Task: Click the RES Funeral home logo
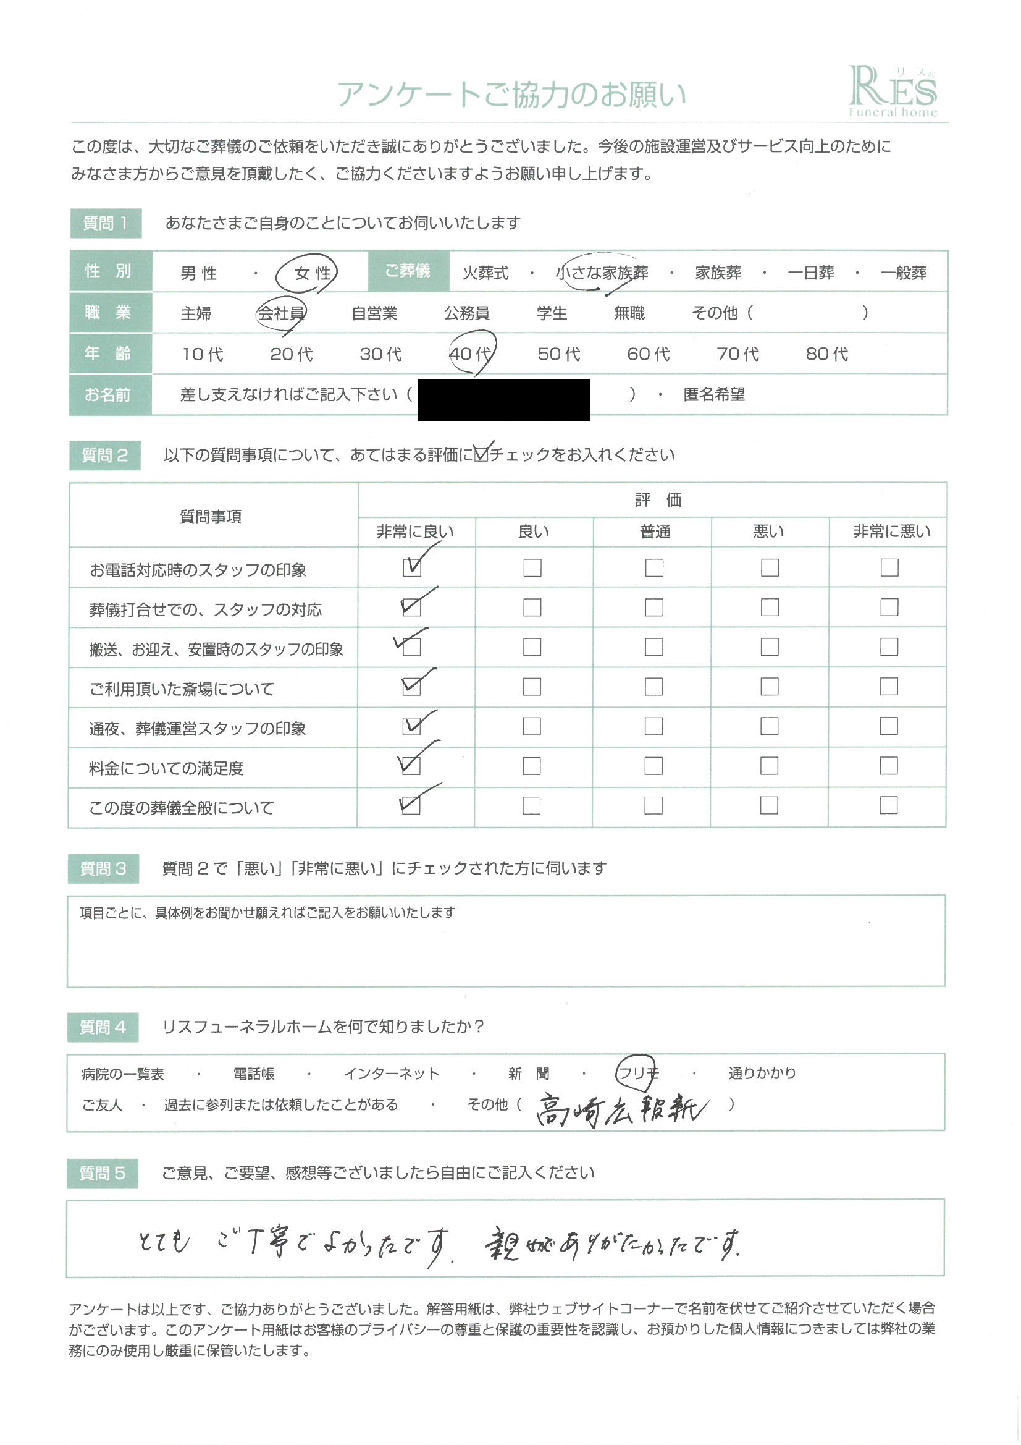892,92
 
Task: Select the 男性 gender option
199,273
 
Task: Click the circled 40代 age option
470,354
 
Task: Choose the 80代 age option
826,354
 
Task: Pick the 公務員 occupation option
466,313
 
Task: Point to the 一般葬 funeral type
904,273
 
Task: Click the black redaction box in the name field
503,400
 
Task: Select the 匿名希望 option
714,394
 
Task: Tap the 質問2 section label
104,455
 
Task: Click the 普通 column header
655,532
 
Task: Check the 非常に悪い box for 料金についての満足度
888,765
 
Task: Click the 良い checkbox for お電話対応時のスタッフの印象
532,567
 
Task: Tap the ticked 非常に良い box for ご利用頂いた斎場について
411,686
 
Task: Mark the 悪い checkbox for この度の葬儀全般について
769,805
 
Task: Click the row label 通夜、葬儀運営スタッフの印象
198,728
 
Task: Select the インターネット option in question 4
391,1074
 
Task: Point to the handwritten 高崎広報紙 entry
621,1111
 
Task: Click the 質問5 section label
102,1173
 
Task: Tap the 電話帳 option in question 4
253,1074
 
